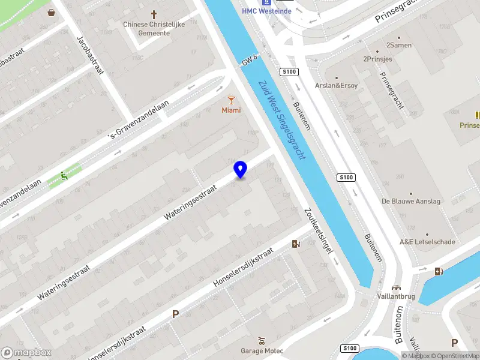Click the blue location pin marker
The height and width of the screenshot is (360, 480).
pyautogui.click(x=240, y=169)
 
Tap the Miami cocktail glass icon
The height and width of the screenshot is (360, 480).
pyautogui.click(x=231, y=100)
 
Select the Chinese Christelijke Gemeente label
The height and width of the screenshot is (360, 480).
pyautogui.click(x=154, y=29)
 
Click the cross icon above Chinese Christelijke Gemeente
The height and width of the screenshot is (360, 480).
pyautogui.click(x=154, y=14)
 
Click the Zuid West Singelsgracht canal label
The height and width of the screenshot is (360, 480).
pyautogui.click(x=282, y=119)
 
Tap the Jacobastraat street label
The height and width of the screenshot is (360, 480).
pyautogui.click(x=90, y=55)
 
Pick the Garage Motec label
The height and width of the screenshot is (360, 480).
pyautogui.click(x=262, y=350)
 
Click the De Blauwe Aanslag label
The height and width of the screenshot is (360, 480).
pyautogui.click(x=411, y=202)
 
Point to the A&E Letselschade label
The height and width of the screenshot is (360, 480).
pyautogui.click(x=428, y=242)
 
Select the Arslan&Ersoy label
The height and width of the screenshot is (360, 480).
pyautogui.click(x=336, y=85)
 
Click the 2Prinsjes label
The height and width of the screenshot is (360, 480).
pyautogui.click(x=377, y=59)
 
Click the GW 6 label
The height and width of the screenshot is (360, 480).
pyautogui.click(x=250, y=60)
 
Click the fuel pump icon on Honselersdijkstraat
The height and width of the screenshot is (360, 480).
pyautogui.click(x=295, y=244)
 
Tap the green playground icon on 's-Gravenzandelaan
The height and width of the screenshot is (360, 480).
pyautogui.click(x=64, y=176)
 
